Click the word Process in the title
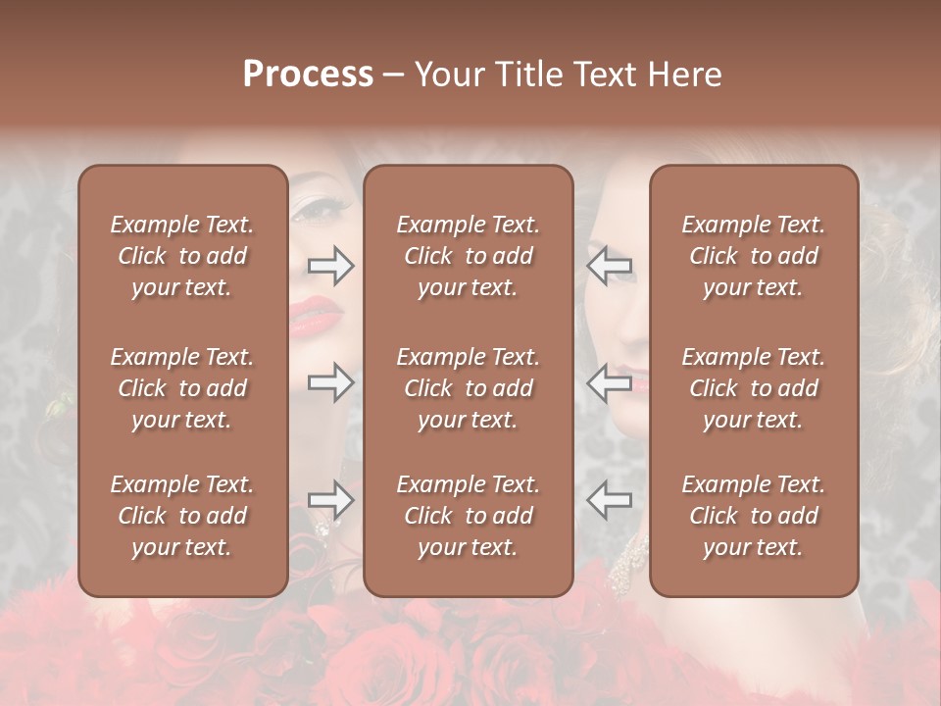tap(308, 75)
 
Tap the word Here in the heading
tap(683, 75)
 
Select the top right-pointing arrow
tap(331, 266)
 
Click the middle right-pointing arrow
tap(331, 381)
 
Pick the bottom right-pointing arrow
tap(331, 500)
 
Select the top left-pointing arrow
tap(609, 266)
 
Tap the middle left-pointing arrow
tap(609, 381)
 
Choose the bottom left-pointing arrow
tap(609, 500)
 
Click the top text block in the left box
tap(182, 256)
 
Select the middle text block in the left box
tap(182, 388)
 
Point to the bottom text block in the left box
tap(182, 516)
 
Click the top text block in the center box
tap(468, 256)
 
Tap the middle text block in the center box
tap(468, 388)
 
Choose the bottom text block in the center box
tap(468, 516)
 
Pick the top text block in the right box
tap(753, 256)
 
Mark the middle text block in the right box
tap(753, 388)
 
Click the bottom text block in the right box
tap(753, 516)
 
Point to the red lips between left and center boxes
tap(316, 316)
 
